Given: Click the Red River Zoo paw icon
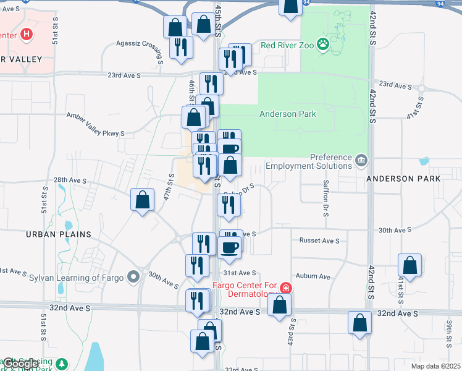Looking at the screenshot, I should point(322,44).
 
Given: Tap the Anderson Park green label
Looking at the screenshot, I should point(288,114).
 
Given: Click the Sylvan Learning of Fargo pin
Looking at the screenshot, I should point(133,276).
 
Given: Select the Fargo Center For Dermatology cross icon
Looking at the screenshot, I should point(285,288).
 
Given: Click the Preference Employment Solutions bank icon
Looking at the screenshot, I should point(361,160).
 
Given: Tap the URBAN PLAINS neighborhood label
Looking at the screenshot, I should point(59,234).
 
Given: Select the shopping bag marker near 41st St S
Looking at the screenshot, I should point(409,265).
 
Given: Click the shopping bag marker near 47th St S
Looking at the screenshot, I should point(143,199).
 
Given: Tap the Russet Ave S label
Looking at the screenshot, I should point(319,240).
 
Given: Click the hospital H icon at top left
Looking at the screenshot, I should point(26,35).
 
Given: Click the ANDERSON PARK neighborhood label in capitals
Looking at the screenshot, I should point(403,179).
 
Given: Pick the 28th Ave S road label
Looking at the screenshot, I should point(70,180).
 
